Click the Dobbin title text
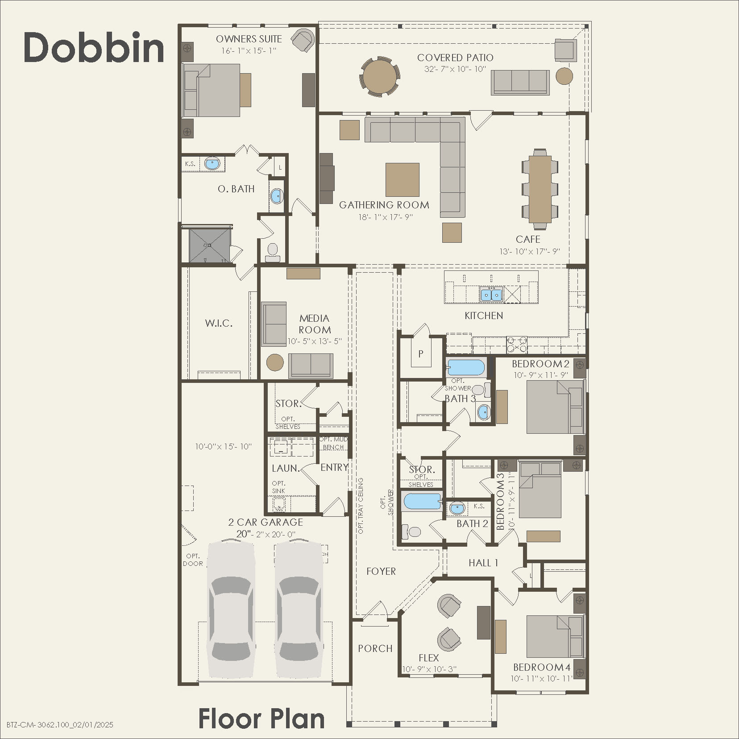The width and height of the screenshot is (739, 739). (94, 48)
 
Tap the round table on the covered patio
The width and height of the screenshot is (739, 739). (380, 76)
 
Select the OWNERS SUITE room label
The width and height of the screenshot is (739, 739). (249, 39)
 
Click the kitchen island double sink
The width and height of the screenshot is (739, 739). (491, 295)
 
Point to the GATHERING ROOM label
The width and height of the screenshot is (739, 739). (384, 205)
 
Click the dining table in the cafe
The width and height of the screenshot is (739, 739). (540, 187)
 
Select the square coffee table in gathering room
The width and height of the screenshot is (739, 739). (402, 179)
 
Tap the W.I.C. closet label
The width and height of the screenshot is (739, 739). (219, 323)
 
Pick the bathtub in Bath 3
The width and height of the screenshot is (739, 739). (465, 368)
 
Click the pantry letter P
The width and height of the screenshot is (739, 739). (420, 354)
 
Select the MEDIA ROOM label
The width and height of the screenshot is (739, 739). (315, 324)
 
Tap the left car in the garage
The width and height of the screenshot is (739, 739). (231, 609)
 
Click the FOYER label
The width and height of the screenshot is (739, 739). (381, 571)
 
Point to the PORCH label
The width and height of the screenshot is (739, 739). (375, 648)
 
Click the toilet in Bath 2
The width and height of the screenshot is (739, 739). (411, 531)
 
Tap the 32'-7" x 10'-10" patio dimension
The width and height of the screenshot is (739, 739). (455, 69)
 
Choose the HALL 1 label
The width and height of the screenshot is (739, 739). (483, 563)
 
